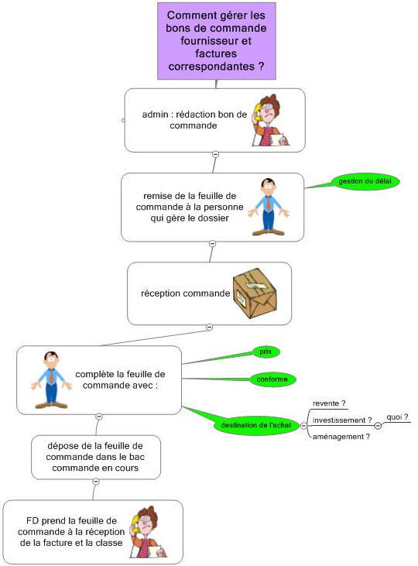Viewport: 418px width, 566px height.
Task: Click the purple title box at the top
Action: coord(217,41)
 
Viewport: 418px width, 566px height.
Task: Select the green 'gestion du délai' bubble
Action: coord(365,181)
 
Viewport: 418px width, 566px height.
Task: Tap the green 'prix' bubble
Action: coord(266,352)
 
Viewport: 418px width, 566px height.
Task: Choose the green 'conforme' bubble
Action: coord(272,379)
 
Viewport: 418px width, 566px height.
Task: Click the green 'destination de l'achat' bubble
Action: coord(256,425)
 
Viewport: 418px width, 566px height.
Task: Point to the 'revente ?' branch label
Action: coord(329,403)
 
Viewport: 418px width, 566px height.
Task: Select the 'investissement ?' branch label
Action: coord(342,420)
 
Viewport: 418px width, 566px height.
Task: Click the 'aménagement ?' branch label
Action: coord(341,437)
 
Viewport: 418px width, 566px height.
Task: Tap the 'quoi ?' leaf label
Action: coord(397,417)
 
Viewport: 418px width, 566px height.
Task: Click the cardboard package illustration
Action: coord(255,293)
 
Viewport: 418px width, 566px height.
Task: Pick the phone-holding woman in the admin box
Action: coord(269,120)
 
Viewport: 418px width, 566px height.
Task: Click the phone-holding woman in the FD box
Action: coord(148,532)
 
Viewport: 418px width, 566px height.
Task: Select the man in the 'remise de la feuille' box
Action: coord(269,207)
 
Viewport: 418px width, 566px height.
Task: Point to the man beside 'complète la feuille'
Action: coord(52,380)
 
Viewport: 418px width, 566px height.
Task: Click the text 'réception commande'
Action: coord(186,293)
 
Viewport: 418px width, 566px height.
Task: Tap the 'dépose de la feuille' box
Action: coord(96,457)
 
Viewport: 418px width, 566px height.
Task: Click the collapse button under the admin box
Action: coord(215,154)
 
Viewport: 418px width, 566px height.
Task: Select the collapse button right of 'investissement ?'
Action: coord(378,426)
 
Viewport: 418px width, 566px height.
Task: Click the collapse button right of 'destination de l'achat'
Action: coord(303,426)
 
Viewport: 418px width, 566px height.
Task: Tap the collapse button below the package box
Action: coord(209,327)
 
